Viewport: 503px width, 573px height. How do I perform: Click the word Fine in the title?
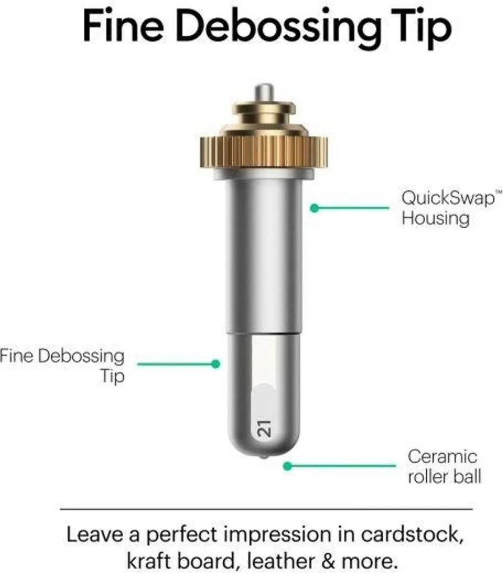pyautogui.click(x=124, y=26)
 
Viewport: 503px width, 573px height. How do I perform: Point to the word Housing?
pyautogui.click(x=435, y=219)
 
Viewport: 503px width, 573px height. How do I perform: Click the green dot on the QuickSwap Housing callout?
pyautogui.click(x=314, y=208)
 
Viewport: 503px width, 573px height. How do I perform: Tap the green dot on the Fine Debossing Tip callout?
pyautogui.click(x=216, y=364)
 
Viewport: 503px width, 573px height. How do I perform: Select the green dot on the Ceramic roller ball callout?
pyautogui.click(x=288, y=466)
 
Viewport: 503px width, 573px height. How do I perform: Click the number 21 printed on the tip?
pyautogui.click(x=264, y=428)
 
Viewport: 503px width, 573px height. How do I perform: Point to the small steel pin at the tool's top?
pyautogui.click(x=264, y=93)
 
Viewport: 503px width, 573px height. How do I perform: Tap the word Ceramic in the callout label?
pyautogui.click(x=443, y=457)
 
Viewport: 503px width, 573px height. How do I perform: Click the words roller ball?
pyautogui.click(x=445, y=476)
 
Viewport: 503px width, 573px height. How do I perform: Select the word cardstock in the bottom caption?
pyautogui.click(x=412, y=534)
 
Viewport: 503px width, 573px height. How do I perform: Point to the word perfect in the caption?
pyautogui.click(x=182, y=536)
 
